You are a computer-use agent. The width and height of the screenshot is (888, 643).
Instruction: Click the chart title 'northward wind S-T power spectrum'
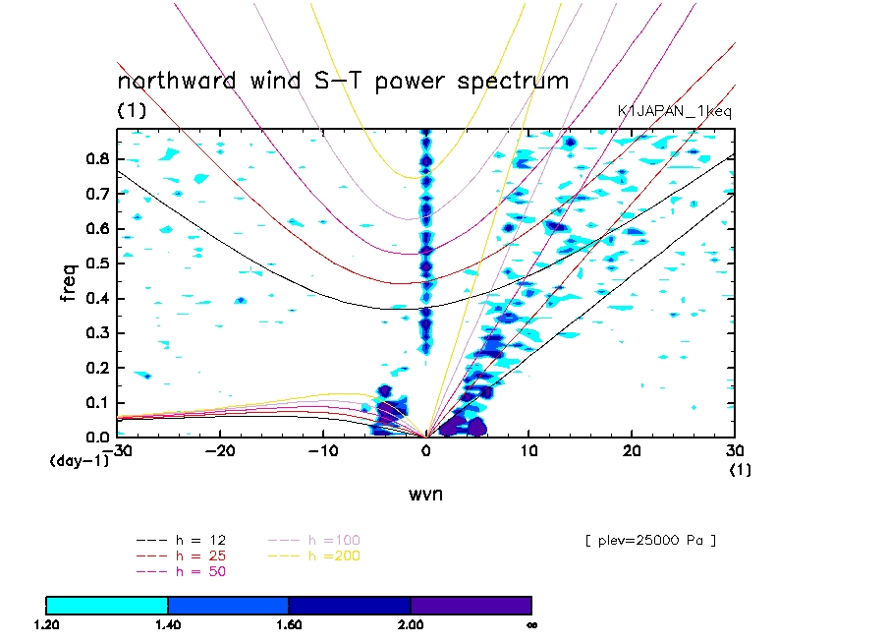pos(343,81)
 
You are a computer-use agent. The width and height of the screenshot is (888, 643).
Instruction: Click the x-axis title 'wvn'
pos(425,494)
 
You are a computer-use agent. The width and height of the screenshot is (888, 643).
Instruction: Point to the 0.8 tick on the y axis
pos(96,159)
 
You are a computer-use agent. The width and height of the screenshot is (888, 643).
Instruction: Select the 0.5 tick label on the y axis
pos(96,263)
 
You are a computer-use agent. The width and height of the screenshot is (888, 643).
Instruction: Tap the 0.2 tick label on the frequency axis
pos(96,368)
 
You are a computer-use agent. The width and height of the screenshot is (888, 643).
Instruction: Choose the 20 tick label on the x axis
pos(632,450)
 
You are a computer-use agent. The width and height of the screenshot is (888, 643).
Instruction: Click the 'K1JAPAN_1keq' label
pos(674,112)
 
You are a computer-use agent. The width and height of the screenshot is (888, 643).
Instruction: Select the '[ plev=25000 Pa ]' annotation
pos(649,540)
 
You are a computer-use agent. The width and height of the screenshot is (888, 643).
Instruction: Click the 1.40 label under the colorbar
pos(168,623)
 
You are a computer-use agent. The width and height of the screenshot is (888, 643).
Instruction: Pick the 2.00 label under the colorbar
pos(411,623)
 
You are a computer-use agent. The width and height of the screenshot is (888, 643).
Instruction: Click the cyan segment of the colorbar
pos(107,604)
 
